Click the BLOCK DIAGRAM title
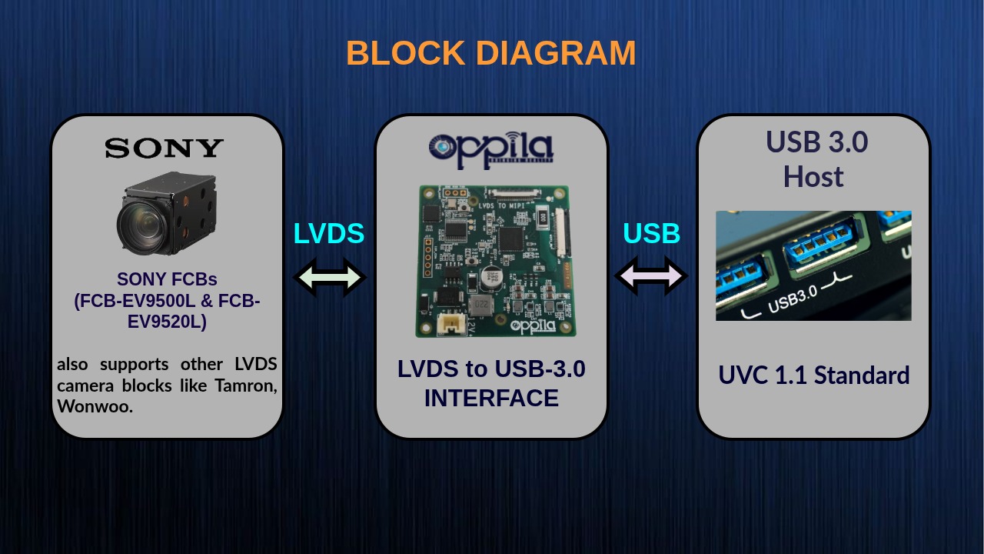(491, 53)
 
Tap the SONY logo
(165, 148)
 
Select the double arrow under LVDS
(330, 277)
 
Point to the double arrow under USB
(651, 275)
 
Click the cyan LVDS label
(329, 233)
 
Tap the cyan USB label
(651, 233)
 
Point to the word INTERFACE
(491, 399)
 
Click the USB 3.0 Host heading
(814, 159)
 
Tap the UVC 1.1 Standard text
(814, 375)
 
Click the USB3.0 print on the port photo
(793, 297)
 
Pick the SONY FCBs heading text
(167, 279)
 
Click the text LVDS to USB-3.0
(491, 369)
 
